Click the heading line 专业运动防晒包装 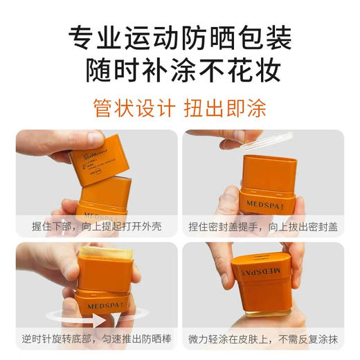pos(180,35)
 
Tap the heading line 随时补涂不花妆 pos(180,70)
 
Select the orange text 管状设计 pos(132,108)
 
